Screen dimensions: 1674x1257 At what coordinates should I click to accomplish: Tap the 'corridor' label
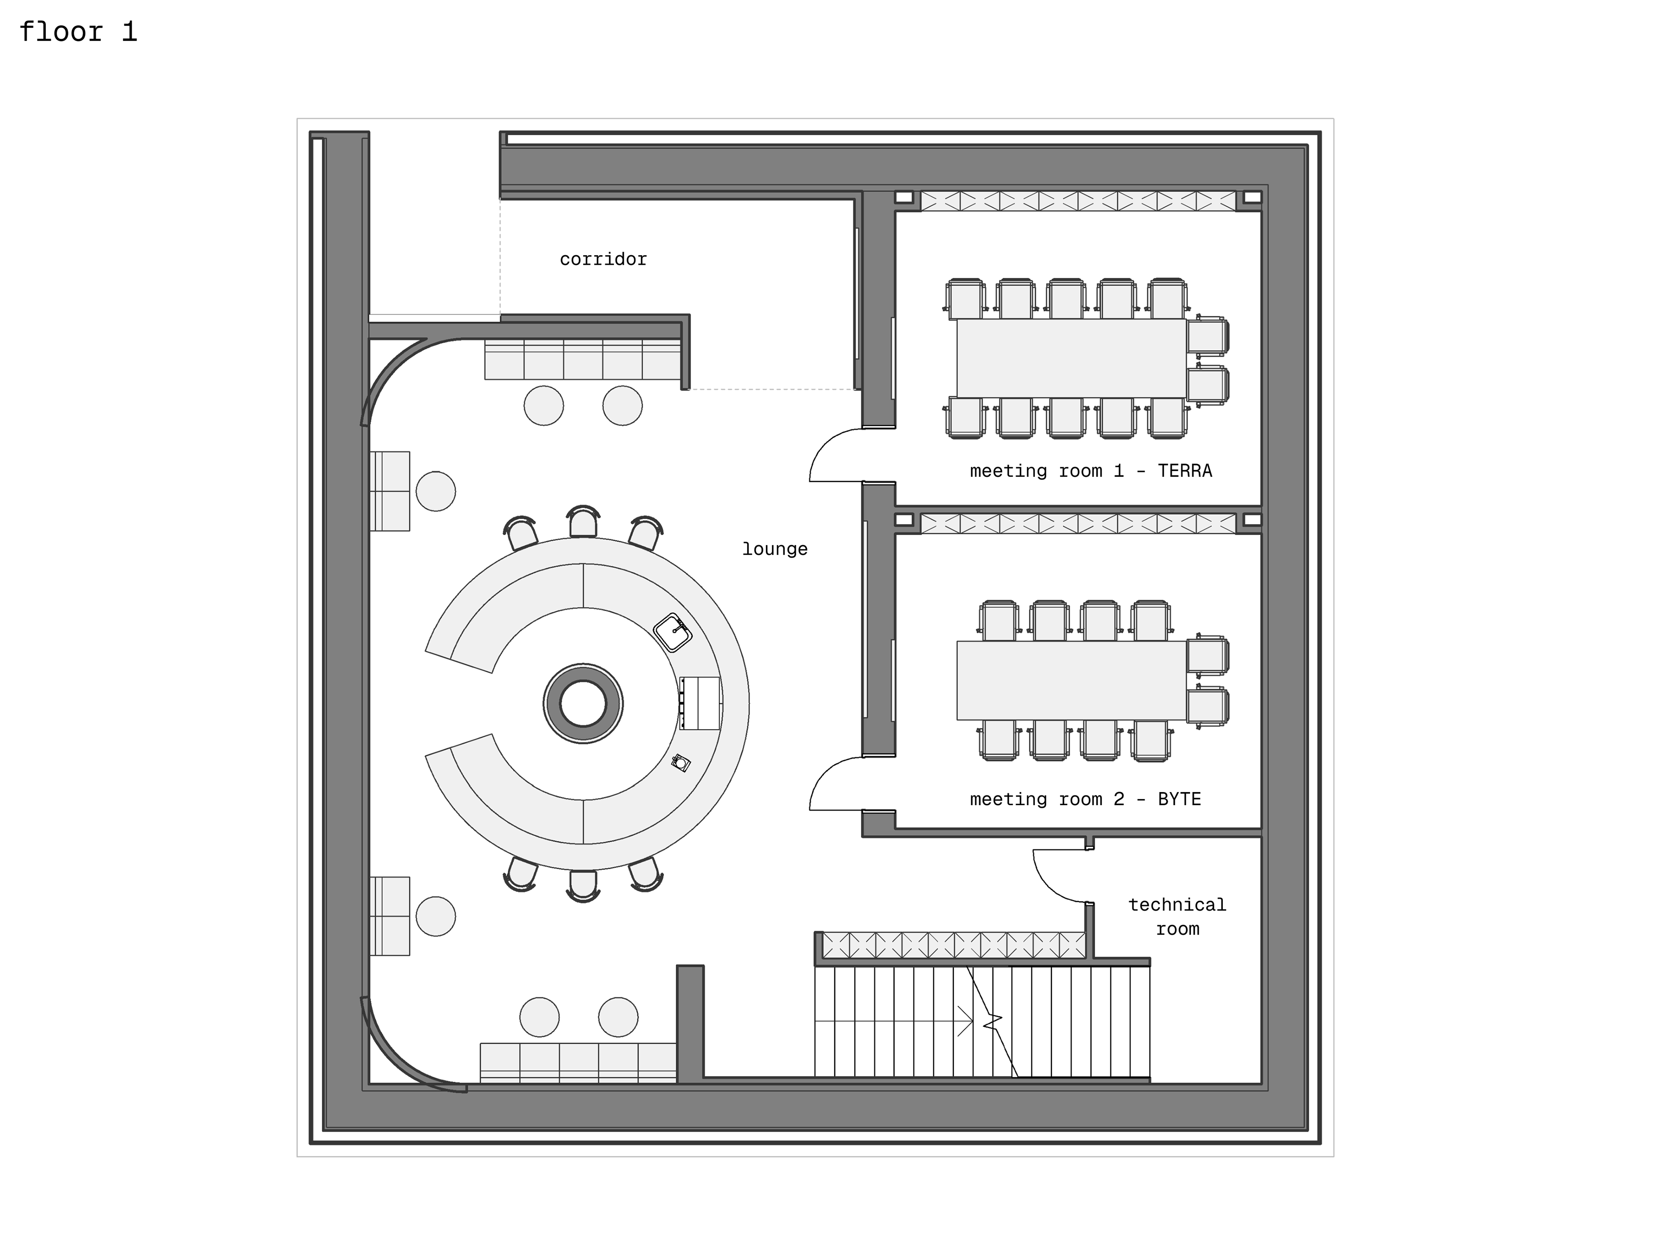tap(603, 260)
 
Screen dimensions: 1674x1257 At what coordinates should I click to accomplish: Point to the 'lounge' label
tap(774, 549)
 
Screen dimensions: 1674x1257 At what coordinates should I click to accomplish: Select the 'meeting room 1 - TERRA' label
tap(1091, 471)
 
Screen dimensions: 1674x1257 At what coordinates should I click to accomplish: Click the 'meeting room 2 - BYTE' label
tap(1085, 799)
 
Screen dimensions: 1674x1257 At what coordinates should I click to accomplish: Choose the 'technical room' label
tap(1177, 916)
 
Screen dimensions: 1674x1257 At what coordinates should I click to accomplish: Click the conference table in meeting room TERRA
tap(1071, 357)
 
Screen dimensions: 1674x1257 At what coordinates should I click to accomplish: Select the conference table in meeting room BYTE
tap(1071, 680)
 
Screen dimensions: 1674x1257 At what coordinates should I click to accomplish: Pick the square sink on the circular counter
tap(672, 632)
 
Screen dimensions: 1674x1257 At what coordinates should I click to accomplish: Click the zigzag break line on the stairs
tap(991, 1022)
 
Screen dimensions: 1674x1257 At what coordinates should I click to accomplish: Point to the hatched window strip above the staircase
tap(953, 945)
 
